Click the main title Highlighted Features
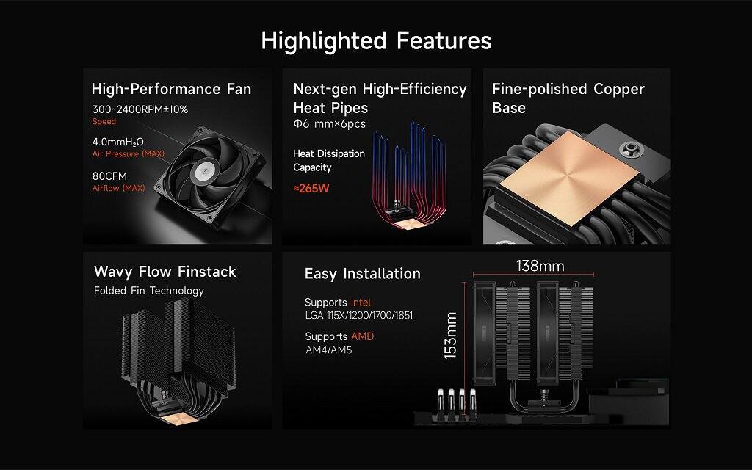376,40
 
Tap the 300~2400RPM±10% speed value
140,109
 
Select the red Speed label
104,122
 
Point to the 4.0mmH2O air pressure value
117,141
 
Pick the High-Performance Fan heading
171,90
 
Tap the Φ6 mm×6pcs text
329,124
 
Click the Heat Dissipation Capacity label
328,161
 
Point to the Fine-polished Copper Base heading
568,98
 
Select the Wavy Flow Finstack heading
164,272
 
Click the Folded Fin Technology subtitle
148,291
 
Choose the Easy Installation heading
362,274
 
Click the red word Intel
361,303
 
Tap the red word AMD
361,336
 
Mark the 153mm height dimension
450,335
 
